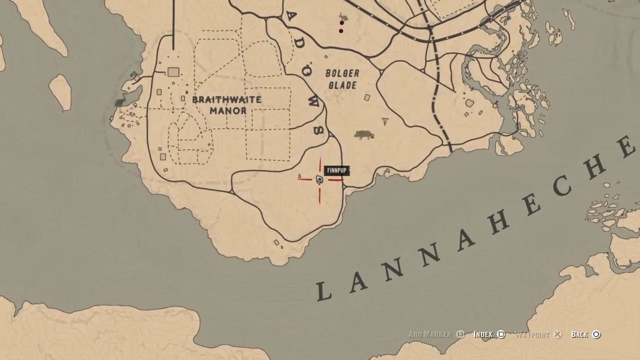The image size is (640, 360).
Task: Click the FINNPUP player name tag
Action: (336, 170)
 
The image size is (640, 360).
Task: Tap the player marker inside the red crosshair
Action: (319, 180)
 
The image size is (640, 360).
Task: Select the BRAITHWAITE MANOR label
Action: (227, 105)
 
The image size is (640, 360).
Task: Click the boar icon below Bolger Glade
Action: (364, 134)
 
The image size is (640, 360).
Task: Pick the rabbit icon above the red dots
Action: (343, 16)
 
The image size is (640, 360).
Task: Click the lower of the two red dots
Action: (341, 31)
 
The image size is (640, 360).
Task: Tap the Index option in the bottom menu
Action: (483, 334)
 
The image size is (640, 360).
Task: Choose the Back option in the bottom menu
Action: (579, 334)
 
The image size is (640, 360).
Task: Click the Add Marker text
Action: (430, 334)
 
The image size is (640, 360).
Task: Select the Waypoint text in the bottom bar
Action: (532, 334)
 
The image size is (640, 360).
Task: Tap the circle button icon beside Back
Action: (596, 334)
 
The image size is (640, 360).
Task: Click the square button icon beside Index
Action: (501, 334)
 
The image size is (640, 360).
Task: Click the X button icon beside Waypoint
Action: (558, 334)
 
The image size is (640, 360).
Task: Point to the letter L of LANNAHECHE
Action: (324, 291)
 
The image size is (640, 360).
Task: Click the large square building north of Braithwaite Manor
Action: (173, 72)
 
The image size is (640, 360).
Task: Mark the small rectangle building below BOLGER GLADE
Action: (367, 98)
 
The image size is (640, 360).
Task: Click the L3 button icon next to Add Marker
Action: (460, 334)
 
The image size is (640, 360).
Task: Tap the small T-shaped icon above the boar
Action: (385, 121)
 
